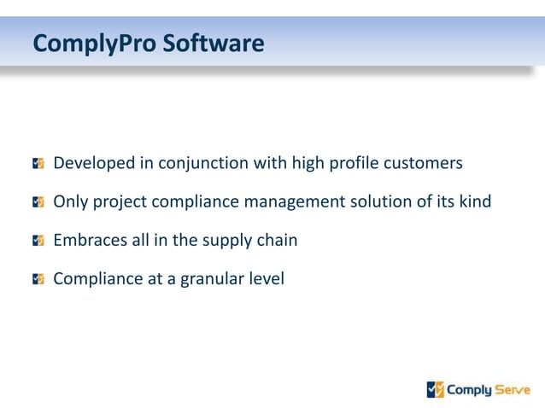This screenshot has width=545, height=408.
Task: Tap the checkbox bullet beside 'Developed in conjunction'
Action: click(x=38, y=163)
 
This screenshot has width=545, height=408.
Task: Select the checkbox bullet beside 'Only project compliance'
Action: click(x=38, y=202)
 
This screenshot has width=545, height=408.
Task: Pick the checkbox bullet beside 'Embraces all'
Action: click(x=38, y=240)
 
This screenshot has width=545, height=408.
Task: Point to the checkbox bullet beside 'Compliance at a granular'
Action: click(x=38, y=278)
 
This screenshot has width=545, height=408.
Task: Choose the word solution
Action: click(x=381, y=202)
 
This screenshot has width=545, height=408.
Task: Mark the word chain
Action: click(x=278, y=240)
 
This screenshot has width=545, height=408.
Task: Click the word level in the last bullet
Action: click(x=266, y=278)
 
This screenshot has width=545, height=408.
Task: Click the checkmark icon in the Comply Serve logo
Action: click(x=436, y=389)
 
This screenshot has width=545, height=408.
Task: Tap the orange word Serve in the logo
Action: click(x=513, y=390)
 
